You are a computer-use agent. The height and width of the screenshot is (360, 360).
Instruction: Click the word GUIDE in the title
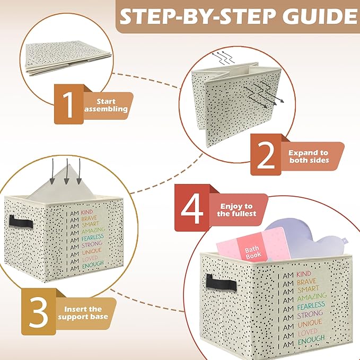(x=319, y=16)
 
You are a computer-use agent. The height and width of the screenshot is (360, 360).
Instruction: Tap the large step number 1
(x=68, y=104)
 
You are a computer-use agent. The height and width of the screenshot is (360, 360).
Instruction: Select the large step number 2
(x=266, y=155)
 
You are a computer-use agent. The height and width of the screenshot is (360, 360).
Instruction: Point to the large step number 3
(x=39, y=313)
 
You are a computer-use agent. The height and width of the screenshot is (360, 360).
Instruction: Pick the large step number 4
(x=192, y=210)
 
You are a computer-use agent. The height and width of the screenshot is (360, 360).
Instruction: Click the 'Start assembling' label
(x=106, y=105)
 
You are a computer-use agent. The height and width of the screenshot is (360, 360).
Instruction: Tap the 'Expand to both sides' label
(x=309, y=156)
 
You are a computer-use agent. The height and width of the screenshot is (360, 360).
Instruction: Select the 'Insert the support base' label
(x=83, y=313)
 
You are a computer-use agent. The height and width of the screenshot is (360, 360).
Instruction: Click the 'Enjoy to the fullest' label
(x=236, y=210)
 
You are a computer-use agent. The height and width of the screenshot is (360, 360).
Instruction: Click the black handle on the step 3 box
(x=21, y=222)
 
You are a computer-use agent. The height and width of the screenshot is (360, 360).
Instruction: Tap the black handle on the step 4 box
(x=221, y=283)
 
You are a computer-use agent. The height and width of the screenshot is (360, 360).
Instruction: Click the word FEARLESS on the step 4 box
(x=311, y=305)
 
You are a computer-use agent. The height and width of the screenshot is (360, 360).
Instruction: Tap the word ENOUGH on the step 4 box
(x=311, y=340)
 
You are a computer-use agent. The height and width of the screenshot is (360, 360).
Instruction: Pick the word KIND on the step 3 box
(x=87, y=212)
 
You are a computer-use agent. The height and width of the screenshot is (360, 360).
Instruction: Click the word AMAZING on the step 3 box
(x=93, y=230)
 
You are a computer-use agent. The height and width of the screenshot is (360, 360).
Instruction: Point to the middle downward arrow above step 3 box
(x=66, y=171)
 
